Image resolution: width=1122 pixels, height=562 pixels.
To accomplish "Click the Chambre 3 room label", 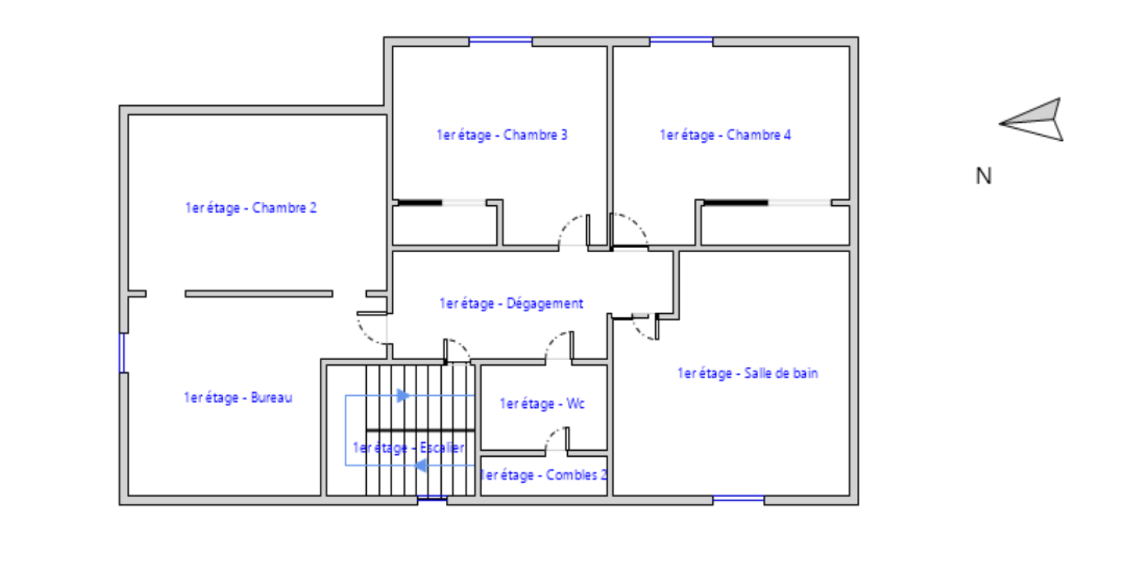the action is [502, 135].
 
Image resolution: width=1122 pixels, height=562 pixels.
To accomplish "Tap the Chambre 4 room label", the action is [725, 135].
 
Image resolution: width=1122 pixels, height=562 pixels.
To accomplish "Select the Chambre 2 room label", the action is [251, 207].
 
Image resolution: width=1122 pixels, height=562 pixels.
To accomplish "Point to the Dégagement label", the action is [511, 303].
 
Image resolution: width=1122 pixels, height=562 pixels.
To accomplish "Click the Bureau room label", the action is [238, 397].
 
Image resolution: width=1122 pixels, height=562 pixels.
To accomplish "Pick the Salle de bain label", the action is [748, 373].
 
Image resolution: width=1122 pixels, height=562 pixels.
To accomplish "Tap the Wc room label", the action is [542, 404].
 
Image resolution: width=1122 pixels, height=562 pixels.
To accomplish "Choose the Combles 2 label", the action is [543, 474].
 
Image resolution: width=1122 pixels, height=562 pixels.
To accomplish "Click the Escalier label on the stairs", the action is [408, 447].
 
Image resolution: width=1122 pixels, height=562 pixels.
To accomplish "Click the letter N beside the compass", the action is [984, 176].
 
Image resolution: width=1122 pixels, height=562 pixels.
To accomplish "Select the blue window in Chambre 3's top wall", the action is [501, 40].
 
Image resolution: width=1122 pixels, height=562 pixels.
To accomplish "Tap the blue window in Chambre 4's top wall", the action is [681, 40].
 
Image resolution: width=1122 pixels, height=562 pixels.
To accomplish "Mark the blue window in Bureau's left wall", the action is [122, 352].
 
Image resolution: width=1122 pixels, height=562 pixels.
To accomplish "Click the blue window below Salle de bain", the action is [738, 498].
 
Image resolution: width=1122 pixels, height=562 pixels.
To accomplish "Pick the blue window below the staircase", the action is [432, 498].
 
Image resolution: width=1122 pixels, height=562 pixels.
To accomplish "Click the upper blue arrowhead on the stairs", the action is [403, 396].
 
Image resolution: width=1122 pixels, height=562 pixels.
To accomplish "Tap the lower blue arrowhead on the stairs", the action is [420, 466].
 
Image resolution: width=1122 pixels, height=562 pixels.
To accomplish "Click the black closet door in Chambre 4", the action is [736, 203].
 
